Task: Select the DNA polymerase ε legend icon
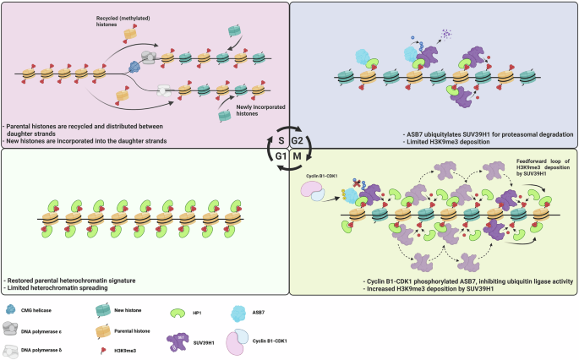pyautogui.click(x=11, y=328)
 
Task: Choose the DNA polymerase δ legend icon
pyautogui.click(x=11, y=346)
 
